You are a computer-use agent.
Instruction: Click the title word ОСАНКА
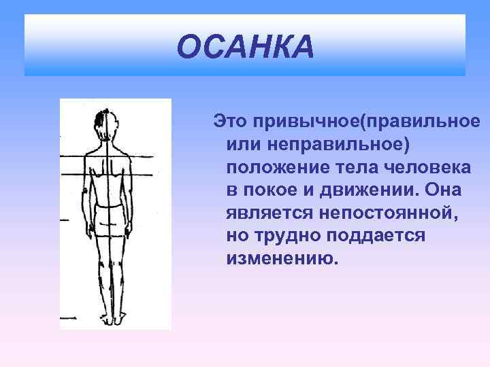tap(245, 48)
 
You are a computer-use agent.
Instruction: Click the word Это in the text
tap(231, 121)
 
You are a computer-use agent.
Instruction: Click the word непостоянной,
tap(389, 213)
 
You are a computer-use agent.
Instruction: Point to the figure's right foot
tap(119, 319)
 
